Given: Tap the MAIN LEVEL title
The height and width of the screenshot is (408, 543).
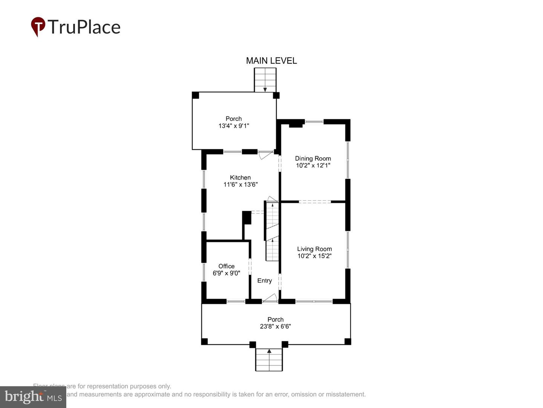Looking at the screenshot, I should click(x=271, y=60).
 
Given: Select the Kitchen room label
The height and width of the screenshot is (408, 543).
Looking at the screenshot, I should click(x=240, y=178).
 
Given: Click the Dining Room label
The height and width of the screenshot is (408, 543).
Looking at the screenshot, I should click(x=313, y=158).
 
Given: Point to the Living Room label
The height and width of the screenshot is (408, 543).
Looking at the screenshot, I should click(x=314, y=249).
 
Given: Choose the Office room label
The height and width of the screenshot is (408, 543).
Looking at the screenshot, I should click(x=226, y=266).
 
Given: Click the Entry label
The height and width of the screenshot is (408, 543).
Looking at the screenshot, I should click(x=264, y=281).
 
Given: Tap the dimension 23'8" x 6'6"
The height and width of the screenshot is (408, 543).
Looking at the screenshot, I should click(x=275, y=326).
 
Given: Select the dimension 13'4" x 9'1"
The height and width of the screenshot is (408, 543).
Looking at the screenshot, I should click(x=233, y=126).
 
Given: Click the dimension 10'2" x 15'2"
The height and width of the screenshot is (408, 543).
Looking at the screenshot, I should click(x=314, y=256).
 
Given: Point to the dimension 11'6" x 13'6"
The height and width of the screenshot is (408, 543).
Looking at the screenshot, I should click(x=240, y=185).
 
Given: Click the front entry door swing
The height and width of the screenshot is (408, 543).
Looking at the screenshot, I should click(x=270, y=298).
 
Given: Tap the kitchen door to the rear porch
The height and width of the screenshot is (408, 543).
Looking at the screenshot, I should click(x=265, y=155).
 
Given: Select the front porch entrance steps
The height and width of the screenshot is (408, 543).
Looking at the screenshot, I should click(x=269, y=360).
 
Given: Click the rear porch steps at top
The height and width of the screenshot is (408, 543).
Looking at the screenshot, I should click(x=265, y=80).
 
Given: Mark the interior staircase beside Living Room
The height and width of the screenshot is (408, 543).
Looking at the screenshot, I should click(x=272, y=231).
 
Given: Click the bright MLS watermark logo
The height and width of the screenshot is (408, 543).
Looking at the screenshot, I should click(x=33, y=397).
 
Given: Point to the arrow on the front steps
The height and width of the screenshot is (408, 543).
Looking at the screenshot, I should click(x=269, y=351).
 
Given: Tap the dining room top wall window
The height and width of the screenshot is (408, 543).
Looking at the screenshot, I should click(x=314, y=122).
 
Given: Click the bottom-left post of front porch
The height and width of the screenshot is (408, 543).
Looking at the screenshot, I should click(x=204, y=342).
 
